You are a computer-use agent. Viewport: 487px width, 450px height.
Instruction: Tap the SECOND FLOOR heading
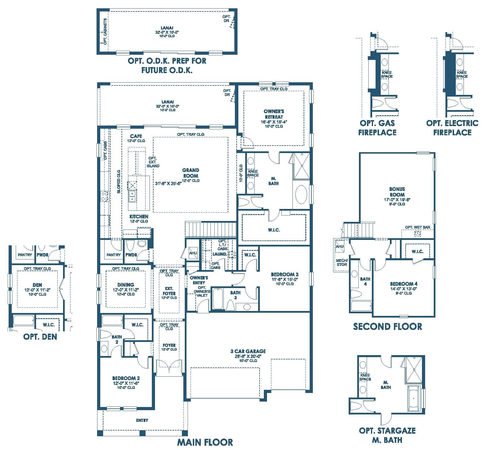387,326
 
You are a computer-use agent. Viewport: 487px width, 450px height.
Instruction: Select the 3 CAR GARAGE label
248,351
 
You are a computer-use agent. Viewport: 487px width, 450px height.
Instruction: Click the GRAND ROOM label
191,173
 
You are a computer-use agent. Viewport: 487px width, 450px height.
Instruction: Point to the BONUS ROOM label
397,192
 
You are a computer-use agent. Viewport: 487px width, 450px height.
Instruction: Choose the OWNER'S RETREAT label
274,114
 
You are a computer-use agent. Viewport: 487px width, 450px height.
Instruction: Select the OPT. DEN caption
40,336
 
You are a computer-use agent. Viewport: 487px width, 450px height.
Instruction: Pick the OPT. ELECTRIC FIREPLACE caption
452,128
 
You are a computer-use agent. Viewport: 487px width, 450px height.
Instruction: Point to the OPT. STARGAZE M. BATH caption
387,435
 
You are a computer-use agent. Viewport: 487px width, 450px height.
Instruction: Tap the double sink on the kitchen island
132,196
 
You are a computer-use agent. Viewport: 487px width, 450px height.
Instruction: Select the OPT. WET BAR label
417,227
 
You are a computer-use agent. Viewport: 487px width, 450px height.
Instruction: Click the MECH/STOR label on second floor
341,262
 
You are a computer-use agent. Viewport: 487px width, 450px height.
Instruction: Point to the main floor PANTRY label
113,255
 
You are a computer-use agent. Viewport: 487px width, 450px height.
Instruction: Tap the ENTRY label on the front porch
142,420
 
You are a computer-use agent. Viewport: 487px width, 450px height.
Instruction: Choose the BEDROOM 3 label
284,274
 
